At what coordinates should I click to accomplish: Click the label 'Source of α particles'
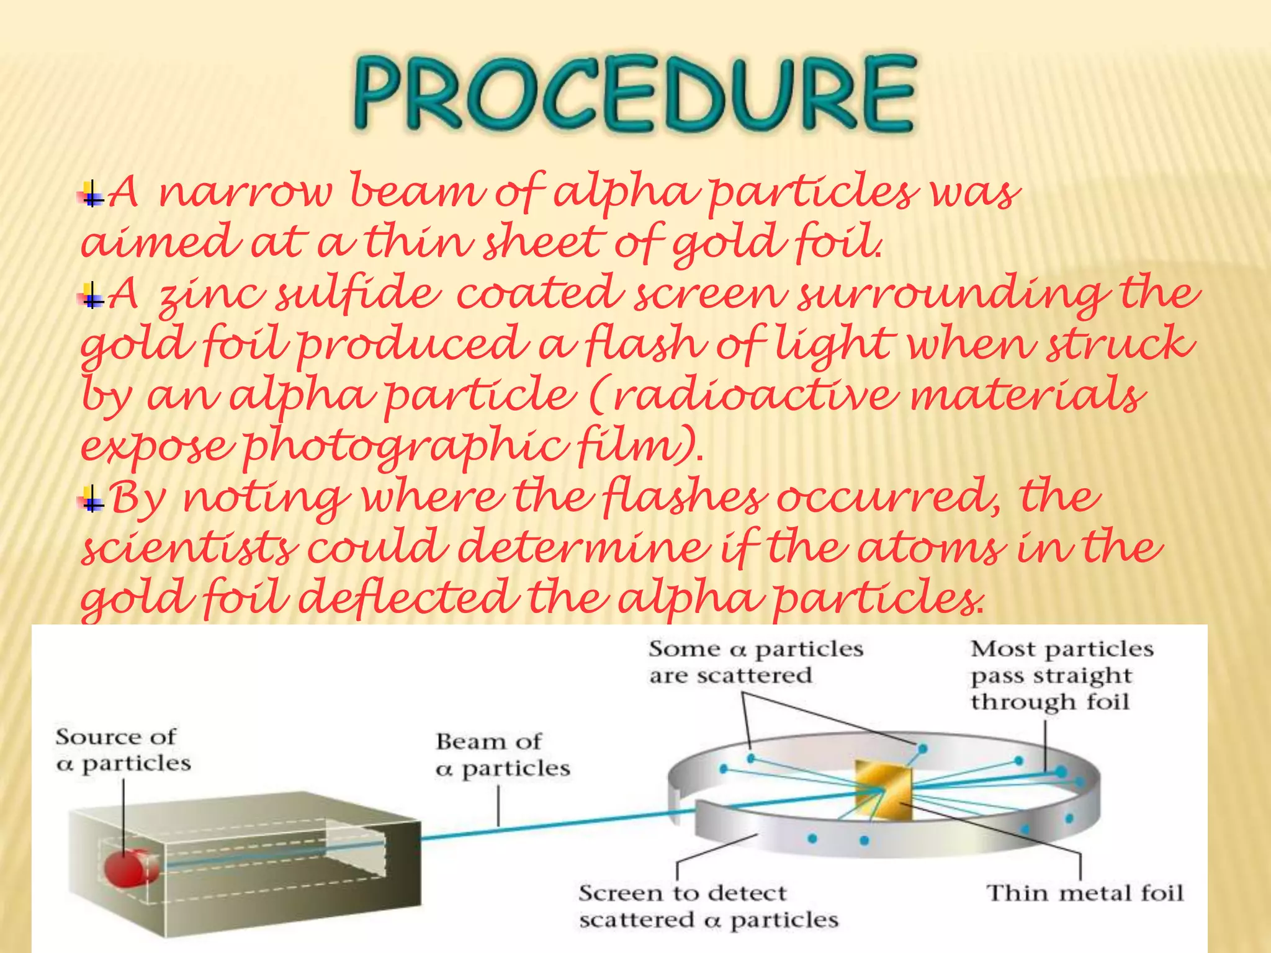122,750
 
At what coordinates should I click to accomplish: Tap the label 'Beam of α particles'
501,755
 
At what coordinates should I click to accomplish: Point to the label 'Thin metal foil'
1084,893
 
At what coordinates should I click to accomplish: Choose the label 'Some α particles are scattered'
755,662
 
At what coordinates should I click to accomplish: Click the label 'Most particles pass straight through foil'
1061,675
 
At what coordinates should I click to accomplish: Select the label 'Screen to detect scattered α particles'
707,906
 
